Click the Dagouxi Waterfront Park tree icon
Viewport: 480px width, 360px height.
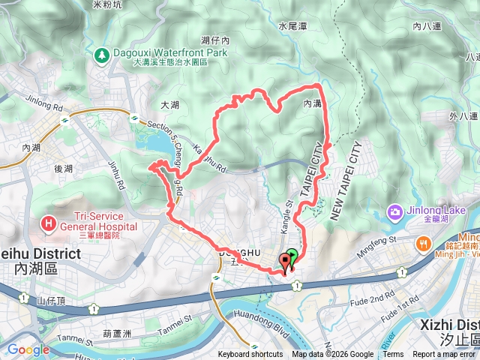pyautogui.click(x=101, y=54)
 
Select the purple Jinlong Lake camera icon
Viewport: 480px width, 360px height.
pyautogui.click(x=394, y=212)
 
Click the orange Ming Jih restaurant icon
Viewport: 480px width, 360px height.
pyautogui.click(x=424, y=243)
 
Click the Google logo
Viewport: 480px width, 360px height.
pyautogui.click(x=28, y=349)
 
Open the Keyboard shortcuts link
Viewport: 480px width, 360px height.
pyautogui.click(x=250, y=355)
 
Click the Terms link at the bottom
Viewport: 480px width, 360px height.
pyautogui.click(x=393, y=355)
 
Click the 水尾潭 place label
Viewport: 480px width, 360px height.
pyautogui.click(x=293, y=25)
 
